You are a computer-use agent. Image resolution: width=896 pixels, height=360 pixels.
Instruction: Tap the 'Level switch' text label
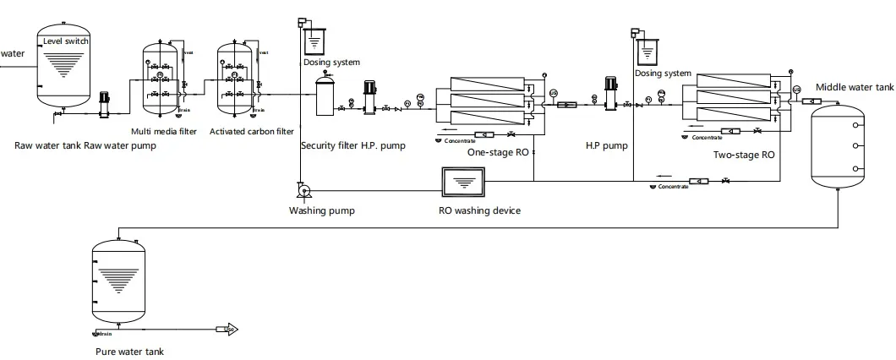coord(66,41)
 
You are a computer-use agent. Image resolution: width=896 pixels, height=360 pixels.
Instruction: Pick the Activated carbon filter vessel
coord(237,80)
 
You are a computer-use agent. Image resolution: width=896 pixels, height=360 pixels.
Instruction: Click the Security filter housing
coord(326,95)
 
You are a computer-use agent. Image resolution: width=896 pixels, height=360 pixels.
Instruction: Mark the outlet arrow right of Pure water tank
coord(228,329)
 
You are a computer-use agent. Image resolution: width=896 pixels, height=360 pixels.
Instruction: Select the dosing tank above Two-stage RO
coord(647,52)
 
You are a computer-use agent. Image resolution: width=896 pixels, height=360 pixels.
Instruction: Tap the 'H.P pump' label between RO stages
coord(606,145)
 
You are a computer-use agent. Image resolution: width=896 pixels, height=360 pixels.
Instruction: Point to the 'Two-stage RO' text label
coord(743,155)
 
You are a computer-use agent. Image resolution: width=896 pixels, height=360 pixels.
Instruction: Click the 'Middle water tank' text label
coord(854,87)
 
